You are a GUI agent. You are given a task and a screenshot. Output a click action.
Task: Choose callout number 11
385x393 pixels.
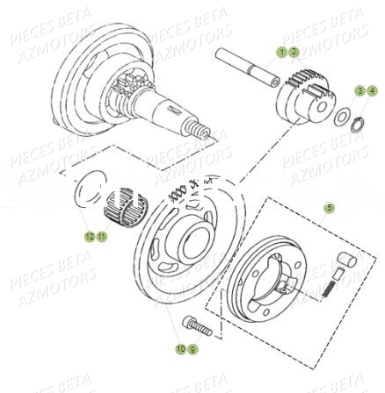100,236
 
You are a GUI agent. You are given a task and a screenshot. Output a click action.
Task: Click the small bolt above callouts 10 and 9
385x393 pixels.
191,325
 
